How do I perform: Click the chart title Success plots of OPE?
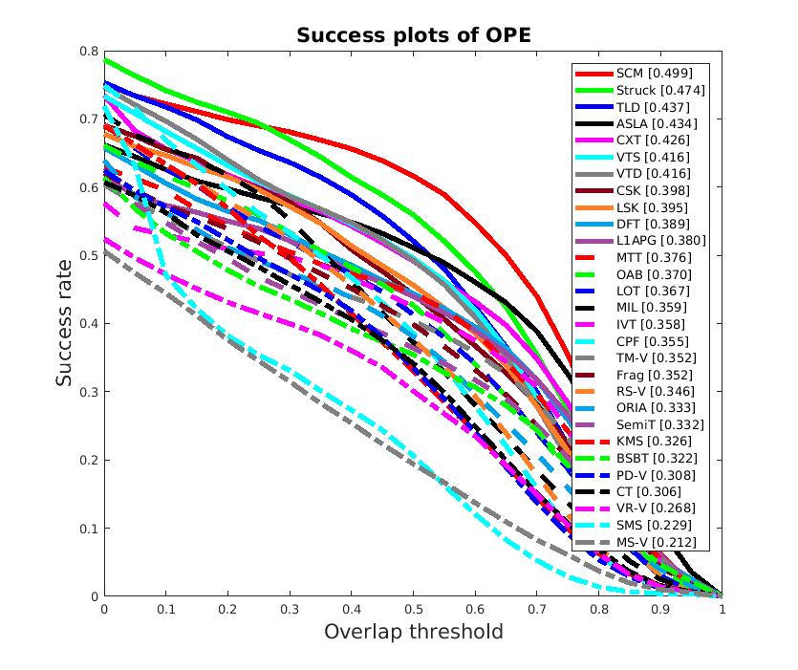click(413, 35)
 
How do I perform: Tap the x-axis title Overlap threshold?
click(413, 632)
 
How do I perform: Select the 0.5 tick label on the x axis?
click(413, 608)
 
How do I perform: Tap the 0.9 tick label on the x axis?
click(659, 608)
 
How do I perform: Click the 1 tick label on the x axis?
click(722, 608)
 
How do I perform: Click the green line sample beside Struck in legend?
click(593, 90)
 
